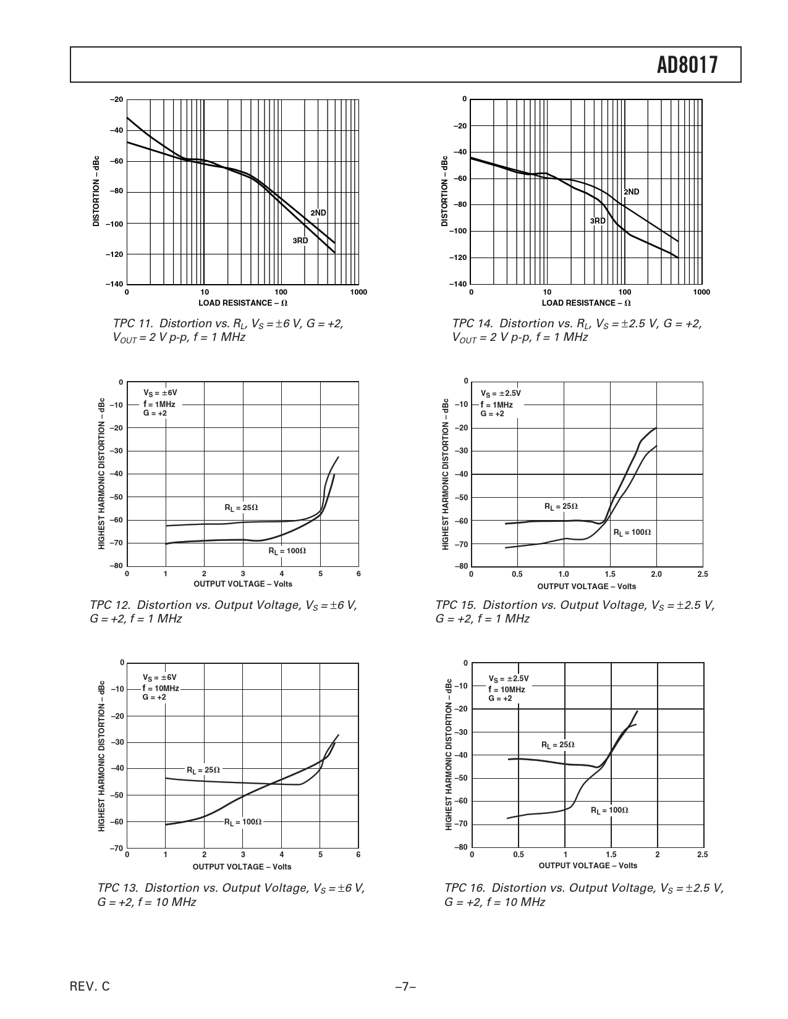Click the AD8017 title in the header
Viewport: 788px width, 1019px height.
click(x=688, y=65)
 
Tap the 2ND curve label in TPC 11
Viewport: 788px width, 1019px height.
click(x=318, y=213)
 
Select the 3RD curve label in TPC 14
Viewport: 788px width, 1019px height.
click(x=598, y=221)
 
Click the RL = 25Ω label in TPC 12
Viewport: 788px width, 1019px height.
click(x=241, y=508)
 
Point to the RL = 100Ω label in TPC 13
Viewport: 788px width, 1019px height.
click(x=243, y=822)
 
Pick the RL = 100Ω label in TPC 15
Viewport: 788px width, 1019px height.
click(x=632, y=532)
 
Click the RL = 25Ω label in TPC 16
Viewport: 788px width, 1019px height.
click(x=557, y=745)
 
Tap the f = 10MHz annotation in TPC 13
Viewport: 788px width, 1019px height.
click(x=161, y=688)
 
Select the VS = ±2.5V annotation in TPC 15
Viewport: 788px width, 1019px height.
click(x=501, y=393)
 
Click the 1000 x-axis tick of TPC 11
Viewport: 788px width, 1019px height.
click(x=358, y=292)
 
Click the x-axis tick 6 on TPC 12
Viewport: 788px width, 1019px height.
click(x=358, y=574)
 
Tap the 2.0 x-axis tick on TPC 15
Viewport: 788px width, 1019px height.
click(x=656, y=574)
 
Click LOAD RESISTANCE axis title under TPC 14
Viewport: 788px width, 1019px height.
click(x=586, y=303)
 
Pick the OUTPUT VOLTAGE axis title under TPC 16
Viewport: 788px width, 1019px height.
click(x=588, y=866)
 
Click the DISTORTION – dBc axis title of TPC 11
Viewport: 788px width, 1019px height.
click(x=96, y=191)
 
